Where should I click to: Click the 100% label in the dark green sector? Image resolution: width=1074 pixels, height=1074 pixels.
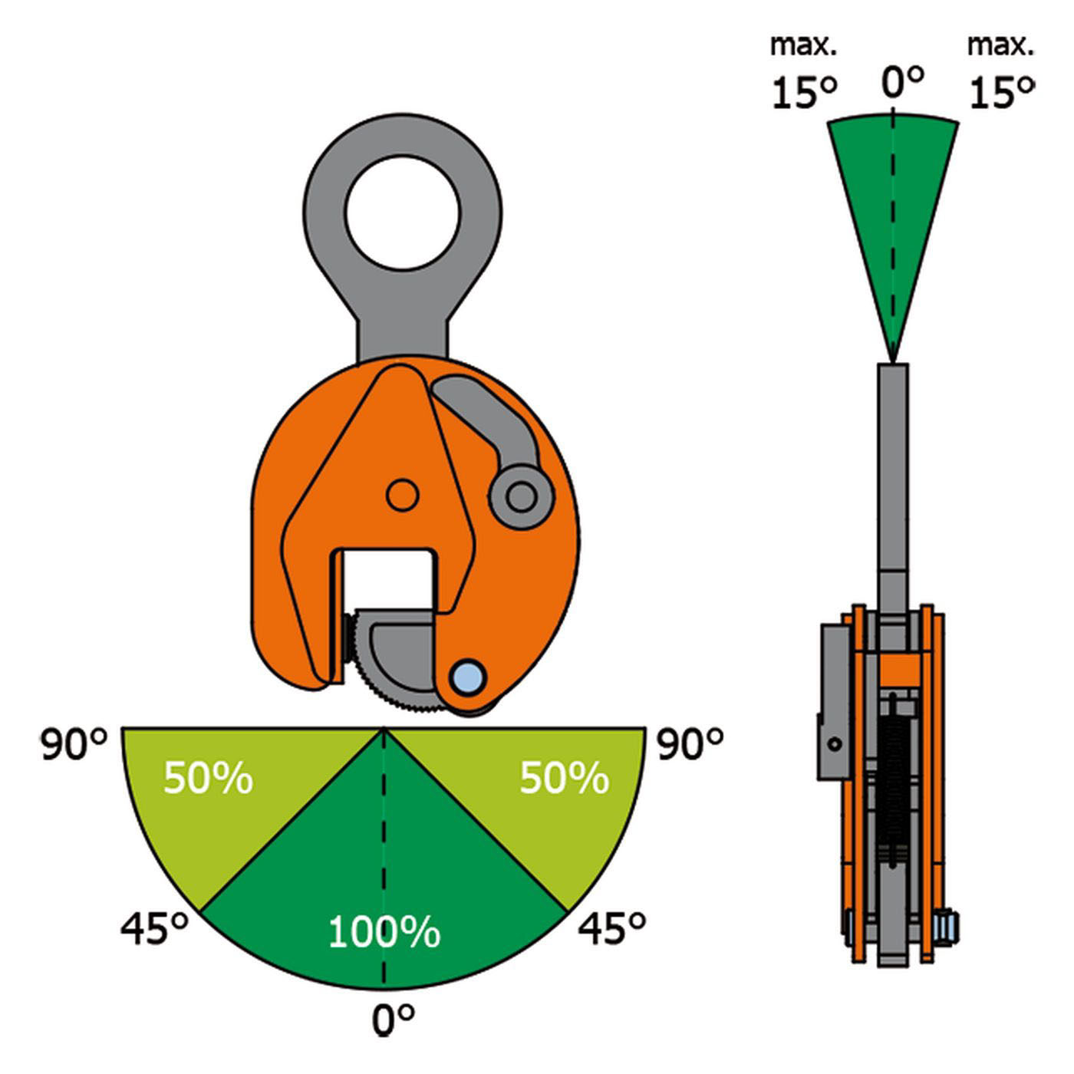(x=384, y=932)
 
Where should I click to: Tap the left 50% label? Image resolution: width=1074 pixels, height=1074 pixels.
(x=208, y=778)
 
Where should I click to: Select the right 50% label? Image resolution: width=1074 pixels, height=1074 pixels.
(x=564, y=778)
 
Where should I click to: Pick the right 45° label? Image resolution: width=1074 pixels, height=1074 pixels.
(x=611, y=929)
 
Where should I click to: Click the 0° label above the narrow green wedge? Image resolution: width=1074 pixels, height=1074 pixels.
(x=902, y=81)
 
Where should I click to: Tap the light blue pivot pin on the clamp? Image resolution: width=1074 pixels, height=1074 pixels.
(x=468, y=677)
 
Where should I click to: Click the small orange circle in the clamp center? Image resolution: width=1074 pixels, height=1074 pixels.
(x=402, y=496)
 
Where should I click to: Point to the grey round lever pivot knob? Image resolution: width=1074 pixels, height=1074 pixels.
(x=522, y=496)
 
